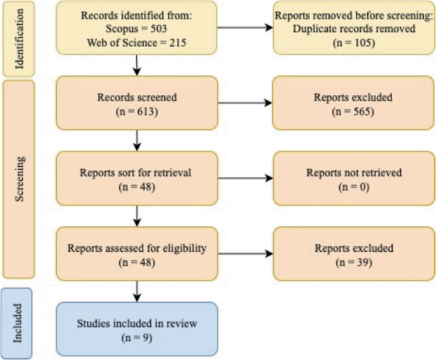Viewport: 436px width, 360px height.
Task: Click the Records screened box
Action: point(137,104)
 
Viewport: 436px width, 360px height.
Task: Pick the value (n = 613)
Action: point(137,110)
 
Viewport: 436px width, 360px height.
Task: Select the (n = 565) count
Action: point(355,110)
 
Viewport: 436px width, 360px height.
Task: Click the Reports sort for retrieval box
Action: point(137,179)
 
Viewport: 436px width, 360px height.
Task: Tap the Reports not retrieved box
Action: point(355,179)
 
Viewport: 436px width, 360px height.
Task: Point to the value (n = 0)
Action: point(355,185)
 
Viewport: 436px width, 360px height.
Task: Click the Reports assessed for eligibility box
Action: point(137,254)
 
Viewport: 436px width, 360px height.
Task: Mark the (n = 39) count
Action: point(355,261)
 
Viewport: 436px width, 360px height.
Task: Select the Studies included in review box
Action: point(137,329)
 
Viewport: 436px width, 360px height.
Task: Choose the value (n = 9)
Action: point(137,336)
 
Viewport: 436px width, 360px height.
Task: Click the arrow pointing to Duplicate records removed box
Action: point(245,28)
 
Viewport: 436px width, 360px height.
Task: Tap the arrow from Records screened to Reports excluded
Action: point(245,104)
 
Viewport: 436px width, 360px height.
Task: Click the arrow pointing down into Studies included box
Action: point(137,291)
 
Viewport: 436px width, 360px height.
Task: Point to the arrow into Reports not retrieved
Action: point(245,179)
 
